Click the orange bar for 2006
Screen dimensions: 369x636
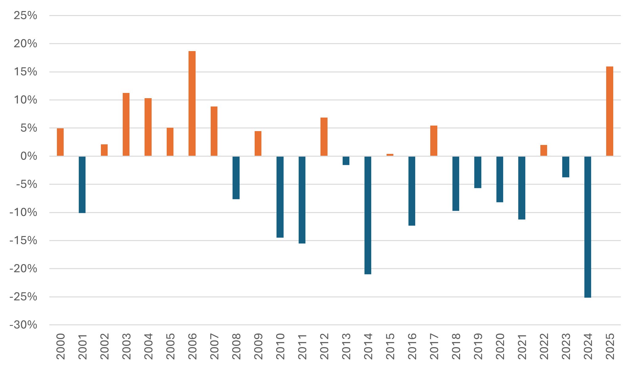pos(192,103)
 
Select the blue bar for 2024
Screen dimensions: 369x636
pos(587,227)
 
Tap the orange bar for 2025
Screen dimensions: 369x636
pos(610,111)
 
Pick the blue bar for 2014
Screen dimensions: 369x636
pos(368,215)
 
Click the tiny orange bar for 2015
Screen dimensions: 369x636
pos(390,155)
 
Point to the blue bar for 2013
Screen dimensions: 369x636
pos(346,161)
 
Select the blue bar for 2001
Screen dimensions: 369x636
pos(82,185)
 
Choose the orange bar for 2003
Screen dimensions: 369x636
pos(126,124)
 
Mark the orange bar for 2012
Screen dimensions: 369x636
pos(324,137)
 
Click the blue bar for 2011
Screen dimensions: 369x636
pos(302,200)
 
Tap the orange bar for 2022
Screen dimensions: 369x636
pos(544,150)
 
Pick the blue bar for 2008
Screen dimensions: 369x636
pos(236,178)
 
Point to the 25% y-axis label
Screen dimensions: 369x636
pos(25,15)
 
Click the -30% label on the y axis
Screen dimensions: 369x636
pos(23,325)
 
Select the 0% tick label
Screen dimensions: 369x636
pos(29,156)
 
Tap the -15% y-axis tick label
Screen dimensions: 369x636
pos(23,241)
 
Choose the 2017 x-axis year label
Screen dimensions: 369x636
pos(434,347)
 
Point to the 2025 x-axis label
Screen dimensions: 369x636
pos(610,347)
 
